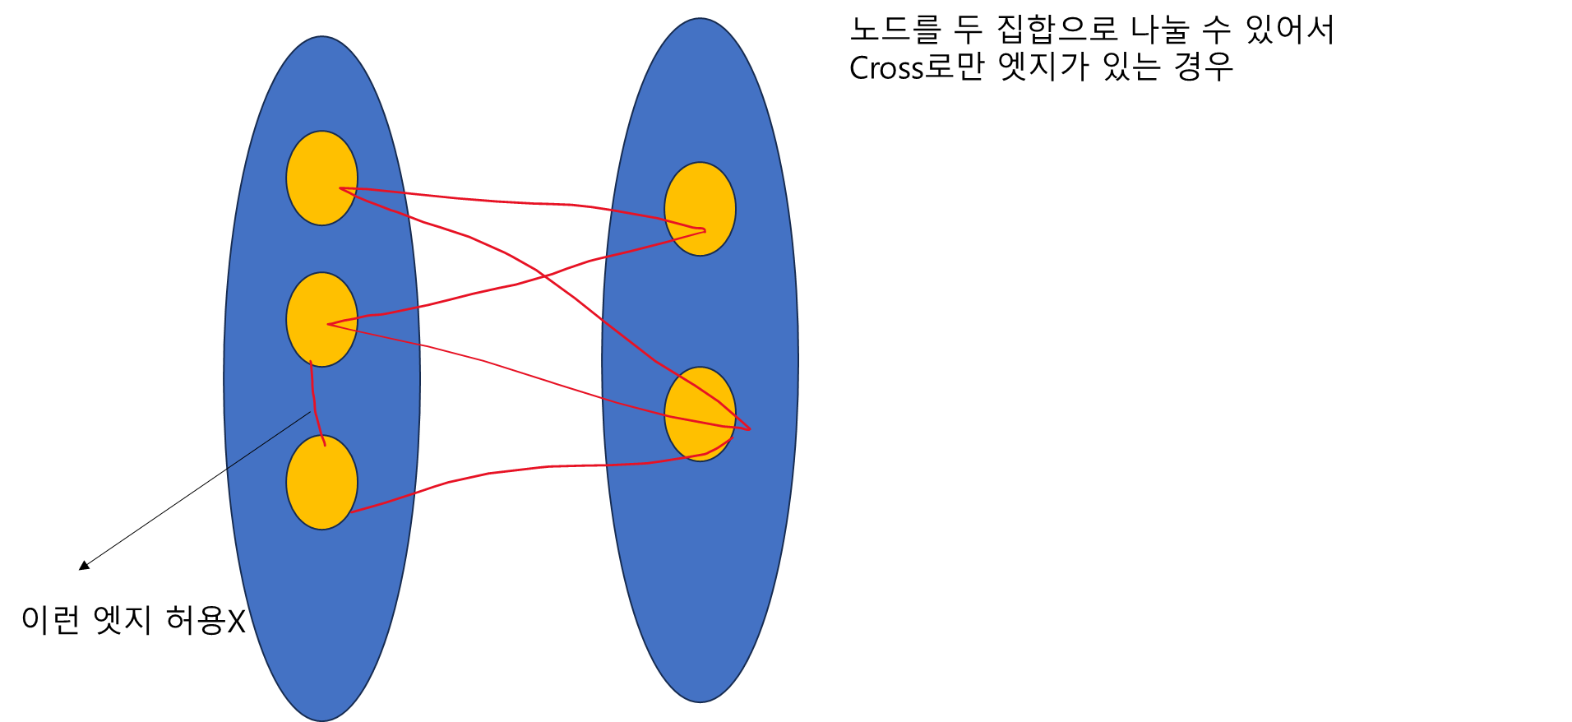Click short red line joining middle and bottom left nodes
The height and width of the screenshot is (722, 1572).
[x=314, y=403]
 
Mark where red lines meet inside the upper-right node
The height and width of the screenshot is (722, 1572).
[x=704, y=230]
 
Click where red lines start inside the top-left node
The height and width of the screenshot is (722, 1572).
[x=341, y=188]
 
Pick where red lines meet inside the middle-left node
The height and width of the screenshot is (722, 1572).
[x=329, y=324]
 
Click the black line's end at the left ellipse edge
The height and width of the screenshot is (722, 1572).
[x=228, y=468]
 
